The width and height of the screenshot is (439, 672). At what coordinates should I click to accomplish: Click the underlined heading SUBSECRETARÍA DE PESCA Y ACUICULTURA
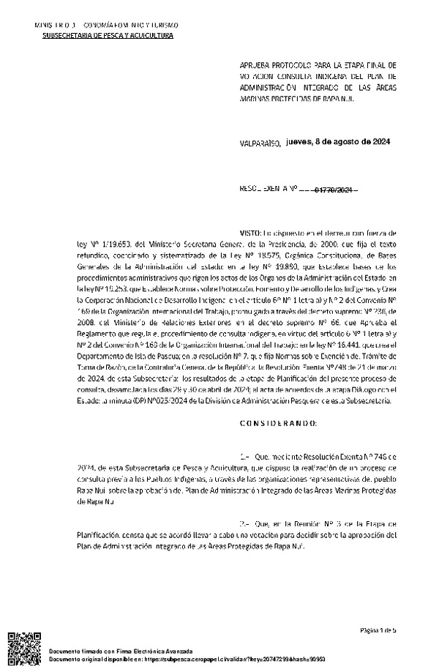[108, 35]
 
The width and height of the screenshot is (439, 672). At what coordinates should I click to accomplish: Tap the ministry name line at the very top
[106, 26]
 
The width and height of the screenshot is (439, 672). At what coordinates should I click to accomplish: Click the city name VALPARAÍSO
[260, 145]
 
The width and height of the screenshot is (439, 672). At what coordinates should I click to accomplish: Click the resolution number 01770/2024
[335, 190]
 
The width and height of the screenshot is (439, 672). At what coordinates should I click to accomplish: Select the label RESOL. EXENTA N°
[276, 190]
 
